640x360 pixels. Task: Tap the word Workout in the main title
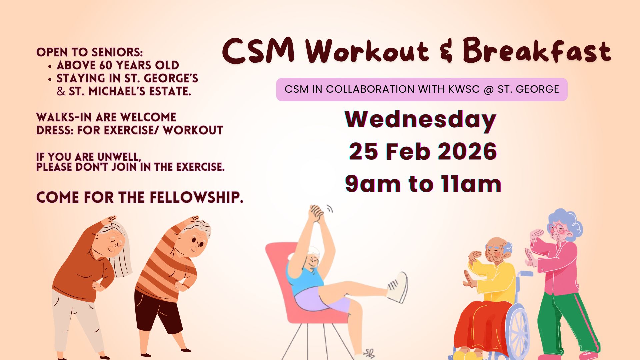click(367, 51)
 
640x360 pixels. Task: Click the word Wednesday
click(421, 119)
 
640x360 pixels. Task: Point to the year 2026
click(467, 151)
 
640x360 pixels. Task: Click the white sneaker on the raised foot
click(398, 287)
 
